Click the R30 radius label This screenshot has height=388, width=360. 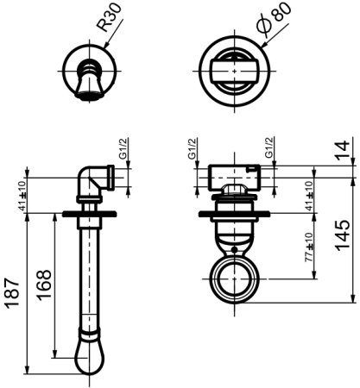[x=110, y=17]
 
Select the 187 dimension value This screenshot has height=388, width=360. [x=13, y=293]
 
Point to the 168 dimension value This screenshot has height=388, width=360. [x=44, y=285]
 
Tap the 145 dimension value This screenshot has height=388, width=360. [x=343, y=235]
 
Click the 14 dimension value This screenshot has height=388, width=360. [x=343, y=148]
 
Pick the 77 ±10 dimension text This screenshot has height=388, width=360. [x=308, y=247]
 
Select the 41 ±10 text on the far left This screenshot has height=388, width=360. [x=22, y=196]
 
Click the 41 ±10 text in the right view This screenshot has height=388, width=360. [x=309, y=196]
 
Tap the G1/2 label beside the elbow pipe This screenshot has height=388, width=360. [x=123, y=148]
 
